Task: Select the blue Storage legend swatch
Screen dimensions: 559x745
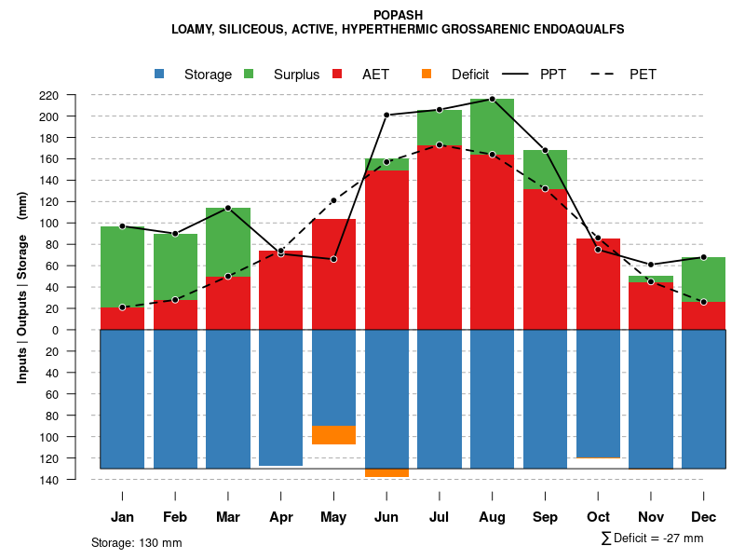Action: coord(160,74)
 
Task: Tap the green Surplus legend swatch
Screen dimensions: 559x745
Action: coord(249,74)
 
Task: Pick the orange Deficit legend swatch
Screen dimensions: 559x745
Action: coord(427,74)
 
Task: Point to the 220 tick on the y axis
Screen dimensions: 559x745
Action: coord(74,95)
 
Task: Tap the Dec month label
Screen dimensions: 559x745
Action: coord(703,517)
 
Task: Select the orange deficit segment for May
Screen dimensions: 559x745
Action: coord(333,435)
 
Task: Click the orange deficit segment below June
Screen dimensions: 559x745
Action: coord(386,473)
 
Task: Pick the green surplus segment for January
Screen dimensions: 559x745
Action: coord(122,266)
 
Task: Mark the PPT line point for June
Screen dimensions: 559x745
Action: coord(386,115)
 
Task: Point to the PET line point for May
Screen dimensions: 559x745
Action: coord(333,200)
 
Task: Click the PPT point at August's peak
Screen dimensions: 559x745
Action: coord(492,99)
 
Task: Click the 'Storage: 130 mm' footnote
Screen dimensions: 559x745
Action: coord(136,542)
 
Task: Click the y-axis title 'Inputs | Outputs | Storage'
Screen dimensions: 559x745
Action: coord(21,300)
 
